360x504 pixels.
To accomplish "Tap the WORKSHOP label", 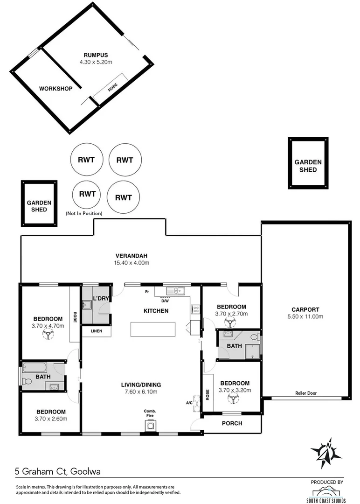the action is [55, 88].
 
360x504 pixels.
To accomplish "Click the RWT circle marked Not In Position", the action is [87, 194].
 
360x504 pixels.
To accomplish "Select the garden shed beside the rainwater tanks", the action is [39, 203].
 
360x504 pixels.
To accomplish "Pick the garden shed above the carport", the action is [308, 163].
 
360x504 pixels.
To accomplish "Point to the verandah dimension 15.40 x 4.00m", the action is [132, 263].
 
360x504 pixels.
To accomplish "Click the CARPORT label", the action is [305, 309].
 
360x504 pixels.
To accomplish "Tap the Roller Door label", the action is [305, 393].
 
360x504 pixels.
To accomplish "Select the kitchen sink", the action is [176, 291].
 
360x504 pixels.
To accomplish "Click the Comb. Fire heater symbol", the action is [150, 425].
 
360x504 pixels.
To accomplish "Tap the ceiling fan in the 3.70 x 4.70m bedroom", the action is [48, 334].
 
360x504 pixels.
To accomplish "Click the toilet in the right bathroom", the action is [255, 336].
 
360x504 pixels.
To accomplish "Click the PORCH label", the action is [232, 423].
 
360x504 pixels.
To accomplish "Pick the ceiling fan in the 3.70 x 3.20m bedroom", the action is [234, 398].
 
